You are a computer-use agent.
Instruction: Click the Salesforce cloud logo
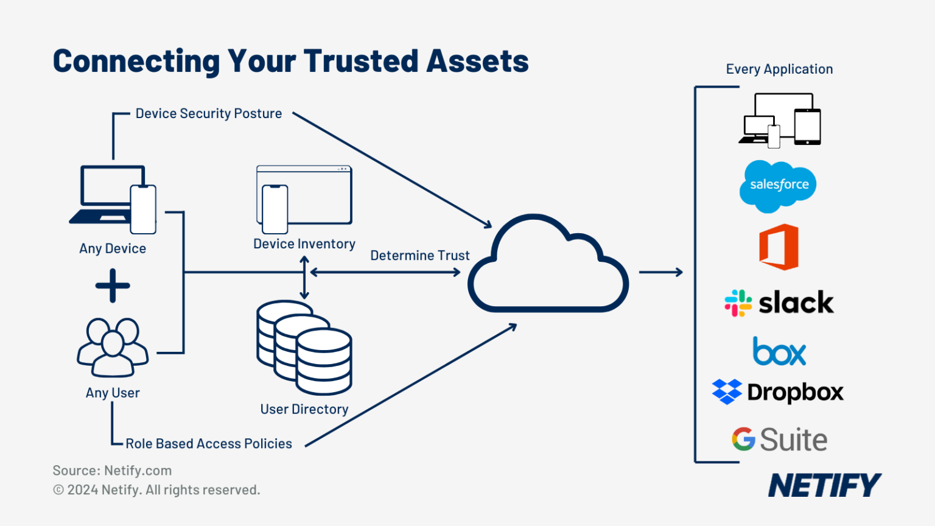[778, 185]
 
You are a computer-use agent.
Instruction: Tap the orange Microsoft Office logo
[779, 247]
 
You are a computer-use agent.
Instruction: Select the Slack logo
[779, 303]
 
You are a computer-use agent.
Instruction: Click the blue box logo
[779, 352]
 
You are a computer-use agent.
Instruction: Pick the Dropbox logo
[778, 393]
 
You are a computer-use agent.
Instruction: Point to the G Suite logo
[779, 440]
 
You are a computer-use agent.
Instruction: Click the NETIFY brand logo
[824, 485]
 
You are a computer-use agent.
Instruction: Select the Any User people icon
[113, 347]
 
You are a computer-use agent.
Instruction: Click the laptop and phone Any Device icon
[113, 199]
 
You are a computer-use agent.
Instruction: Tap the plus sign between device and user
[113, 286]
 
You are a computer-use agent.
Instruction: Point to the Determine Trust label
[420, 256]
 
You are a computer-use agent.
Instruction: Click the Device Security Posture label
[209, 114]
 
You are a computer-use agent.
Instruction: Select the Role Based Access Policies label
[209, 444]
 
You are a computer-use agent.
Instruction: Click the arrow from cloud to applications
[660, 272]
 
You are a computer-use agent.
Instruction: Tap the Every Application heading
[779, 69]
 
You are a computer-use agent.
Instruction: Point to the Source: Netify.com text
[112, 471]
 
